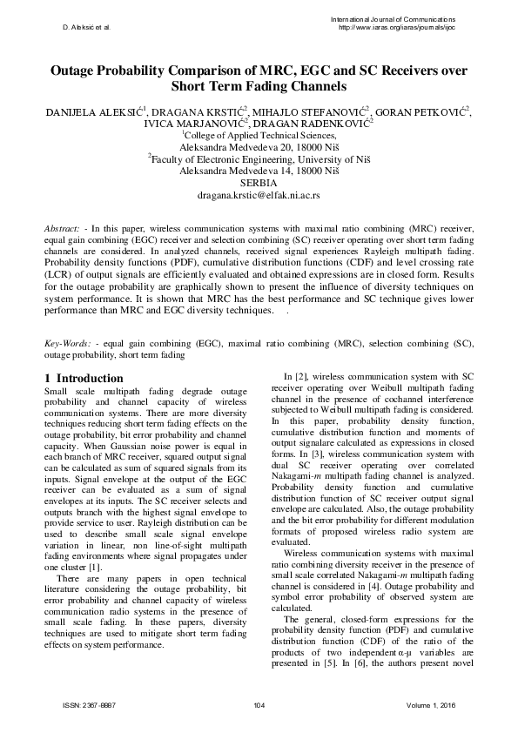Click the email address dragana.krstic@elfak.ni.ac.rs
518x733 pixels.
(259, 197)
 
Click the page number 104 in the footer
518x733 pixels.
(259, 703)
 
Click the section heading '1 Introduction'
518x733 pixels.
(84, 379)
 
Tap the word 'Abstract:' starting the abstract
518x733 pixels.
(64, 228)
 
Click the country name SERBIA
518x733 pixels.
(259, 184)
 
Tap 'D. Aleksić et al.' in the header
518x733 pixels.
(86, 27)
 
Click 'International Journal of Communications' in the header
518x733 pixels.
(393, 18)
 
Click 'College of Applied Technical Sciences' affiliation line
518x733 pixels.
(259, 136)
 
